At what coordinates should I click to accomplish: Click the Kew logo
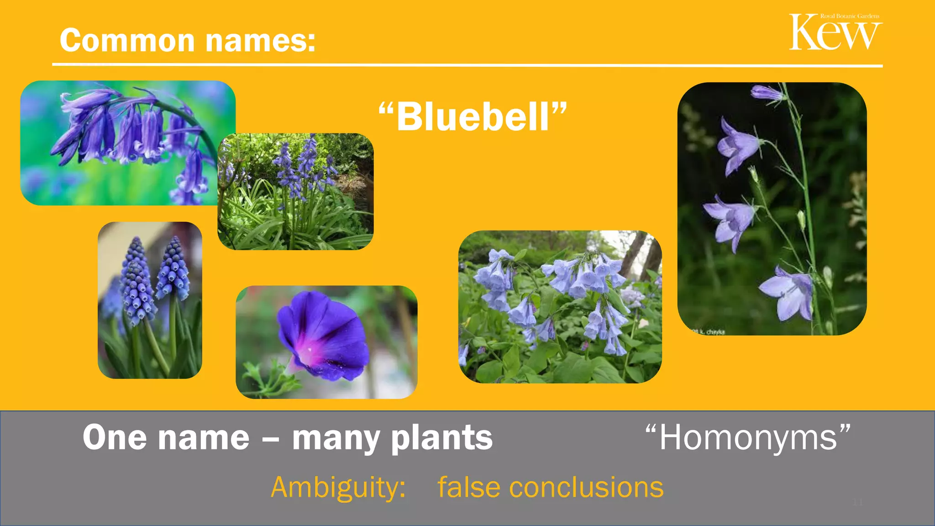pos(835,33)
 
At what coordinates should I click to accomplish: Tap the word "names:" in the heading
pos(260,41)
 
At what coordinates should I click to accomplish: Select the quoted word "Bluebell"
pos(473,117)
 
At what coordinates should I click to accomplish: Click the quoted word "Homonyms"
pos(748,438)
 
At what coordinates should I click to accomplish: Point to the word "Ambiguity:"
pos(338,488)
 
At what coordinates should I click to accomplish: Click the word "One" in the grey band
pos(114,438)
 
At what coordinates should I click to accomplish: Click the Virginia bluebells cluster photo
pos(560,307)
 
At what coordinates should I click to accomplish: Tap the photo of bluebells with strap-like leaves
pos(295,192)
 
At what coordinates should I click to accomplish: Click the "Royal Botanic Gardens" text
pos(850,16)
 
